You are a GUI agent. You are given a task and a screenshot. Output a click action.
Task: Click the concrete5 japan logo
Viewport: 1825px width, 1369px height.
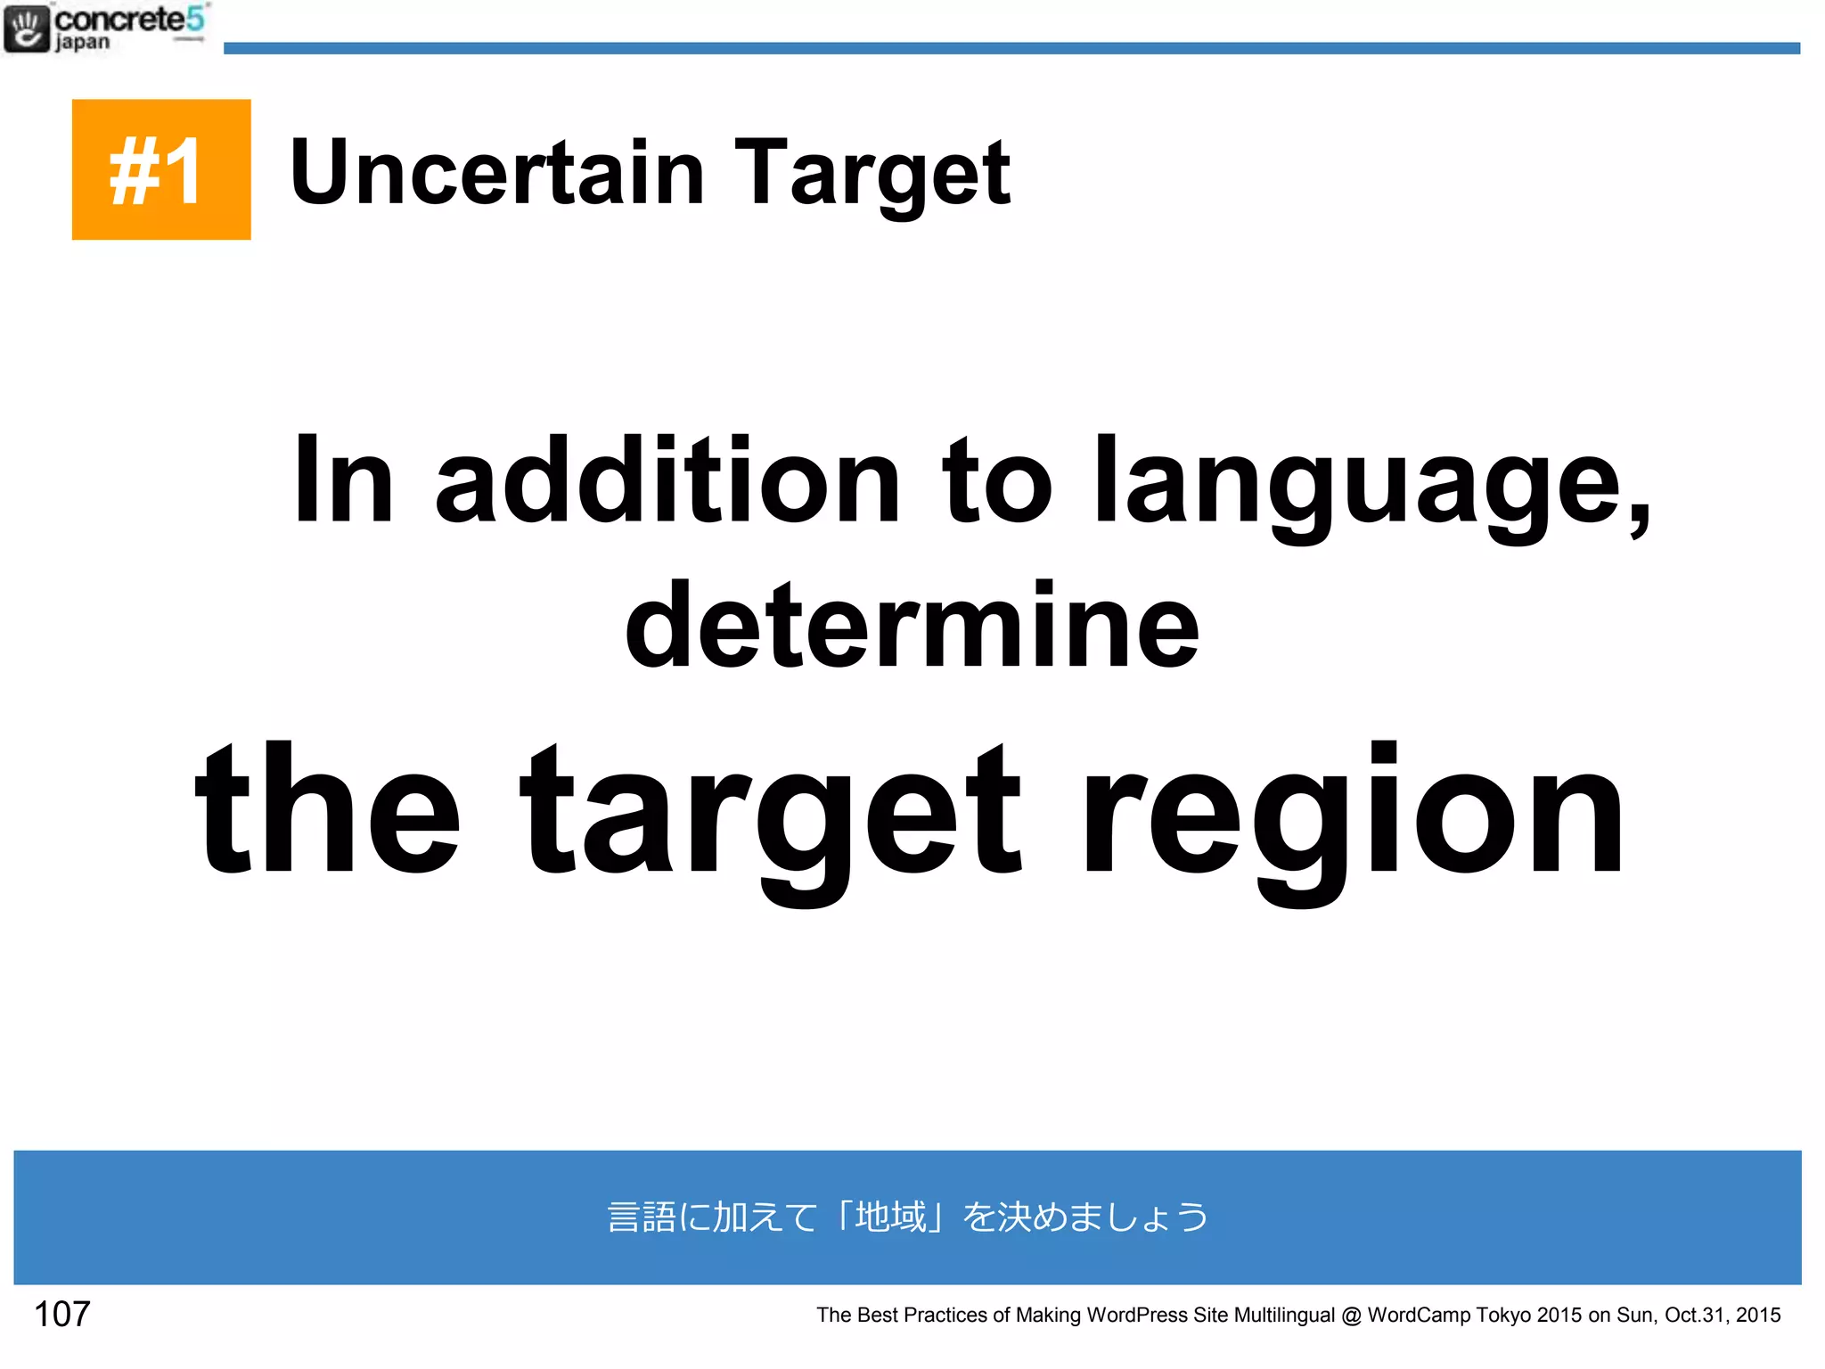(105, 29)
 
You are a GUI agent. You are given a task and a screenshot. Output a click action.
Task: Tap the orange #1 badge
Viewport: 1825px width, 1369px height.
(161, 169)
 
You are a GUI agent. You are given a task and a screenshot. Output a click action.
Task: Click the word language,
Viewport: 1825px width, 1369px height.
(1372, 486)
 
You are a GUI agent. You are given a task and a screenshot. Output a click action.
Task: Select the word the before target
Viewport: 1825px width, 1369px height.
(328, 811)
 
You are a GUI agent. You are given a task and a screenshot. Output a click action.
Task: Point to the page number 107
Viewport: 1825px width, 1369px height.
(61, 1314)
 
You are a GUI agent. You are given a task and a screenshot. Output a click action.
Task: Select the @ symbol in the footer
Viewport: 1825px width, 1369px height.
(1351, 1316)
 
